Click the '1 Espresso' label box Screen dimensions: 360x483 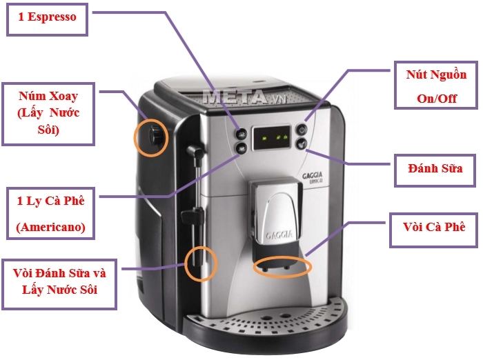pyautogui.click(x=47, y=19)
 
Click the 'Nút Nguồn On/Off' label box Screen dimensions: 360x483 pyautogui.click(x=435, y=86)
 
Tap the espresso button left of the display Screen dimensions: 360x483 pyautogui.click(x=241, y=134)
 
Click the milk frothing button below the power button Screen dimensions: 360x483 pyautogui.click(x=302, y=143)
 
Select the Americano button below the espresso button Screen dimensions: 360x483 pyautogui.click(x=241, y=147)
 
